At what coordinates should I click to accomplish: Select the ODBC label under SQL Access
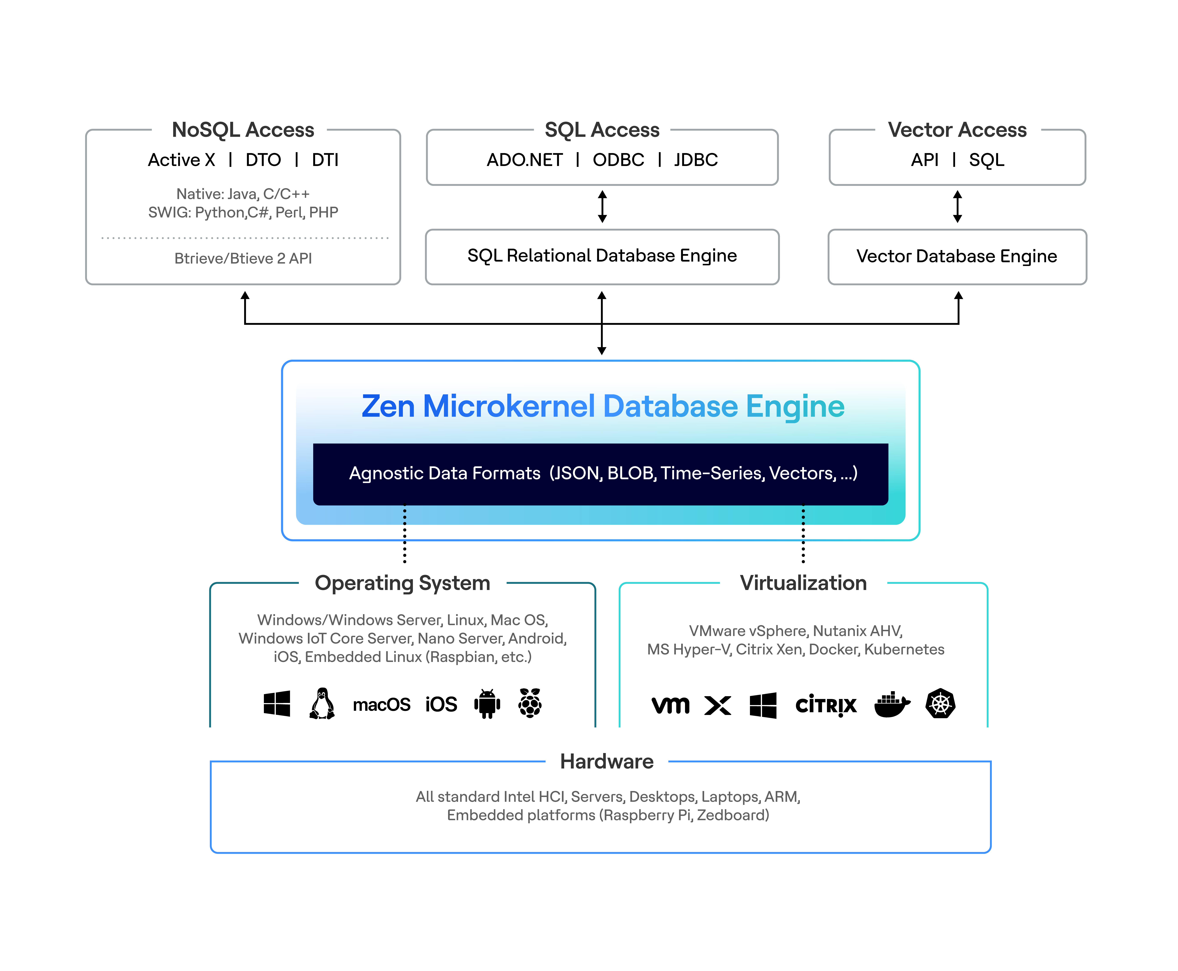click(x=618, y=160)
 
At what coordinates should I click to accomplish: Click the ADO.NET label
click(x=524, y=160)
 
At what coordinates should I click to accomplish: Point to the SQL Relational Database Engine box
click(x=602, y=257)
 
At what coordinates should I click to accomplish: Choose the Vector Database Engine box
click(x=957, y=257)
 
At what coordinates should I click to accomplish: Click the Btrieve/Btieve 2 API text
click(x=243, y=258)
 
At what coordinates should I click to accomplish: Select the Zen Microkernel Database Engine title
click(x=603, y=406)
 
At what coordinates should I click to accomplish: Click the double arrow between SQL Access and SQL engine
click(x=602, y=206)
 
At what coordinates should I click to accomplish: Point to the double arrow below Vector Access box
click(x=957, y=206)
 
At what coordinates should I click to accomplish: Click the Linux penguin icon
click(x=322, y=704)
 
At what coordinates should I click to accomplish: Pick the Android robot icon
click(x=487, y=704)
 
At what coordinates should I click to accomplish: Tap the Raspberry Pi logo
click(x=530, y=703)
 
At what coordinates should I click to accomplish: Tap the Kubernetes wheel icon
click(x=940, y=704)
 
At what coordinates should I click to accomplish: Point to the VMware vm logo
click(x=670, y=705)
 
